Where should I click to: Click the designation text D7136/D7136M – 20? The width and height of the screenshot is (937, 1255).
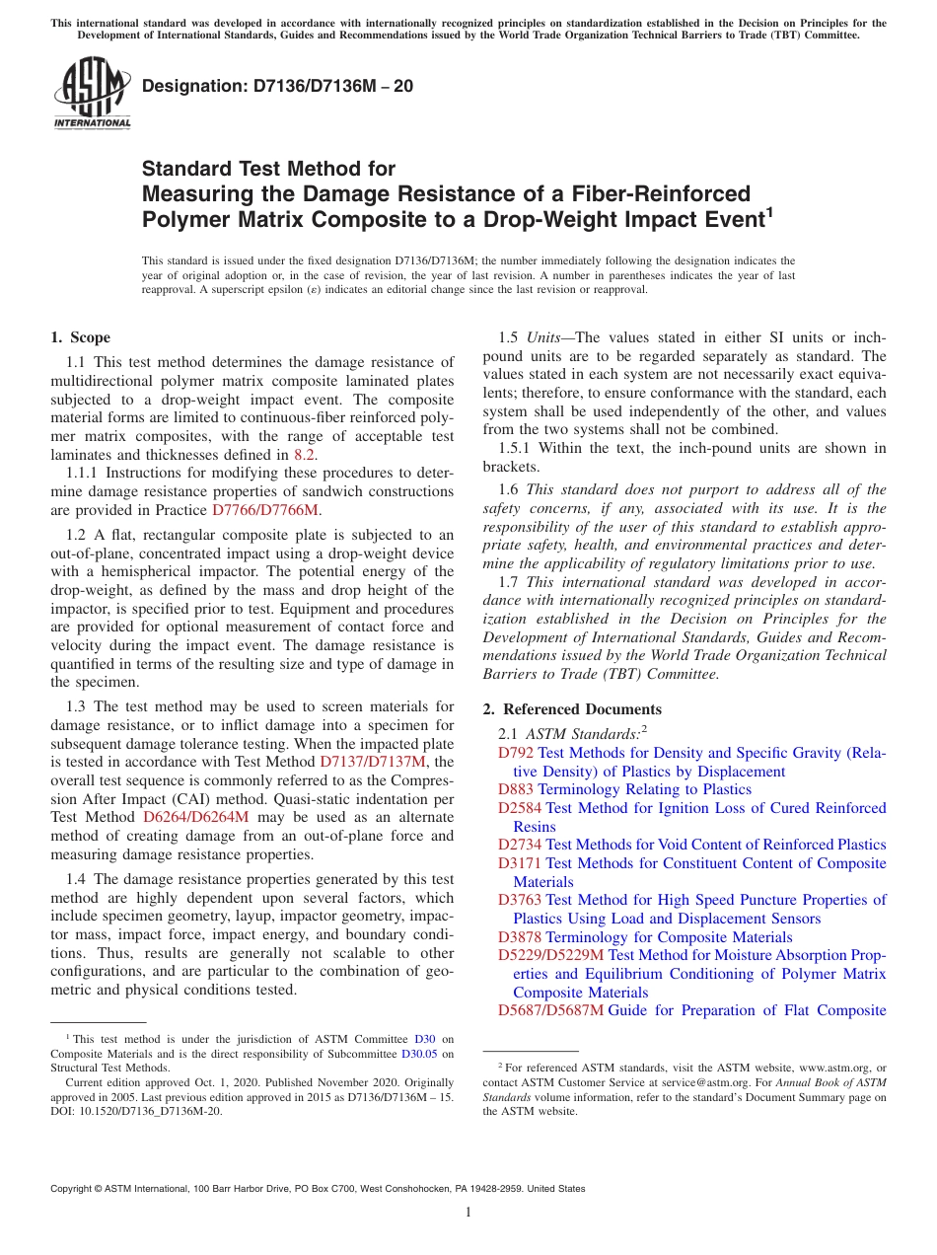pyautogui.click(x=277, y=87)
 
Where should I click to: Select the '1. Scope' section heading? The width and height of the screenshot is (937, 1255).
pyautogui.click(x=81, y=337)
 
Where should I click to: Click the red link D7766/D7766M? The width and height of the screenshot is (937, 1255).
pyautogui.click(x=265, y=510)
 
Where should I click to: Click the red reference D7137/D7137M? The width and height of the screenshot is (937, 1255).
pyautogui.click(x=373, y=762)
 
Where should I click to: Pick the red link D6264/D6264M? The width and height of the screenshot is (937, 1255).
pyautogui.click(x=196, y=817)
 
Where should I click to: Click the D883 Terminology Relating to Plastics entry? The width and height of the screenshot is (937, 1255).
pyautogui.click(x=624, y=789)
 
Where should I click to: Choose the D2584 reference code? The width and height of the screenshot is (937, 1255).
pyautogui.click(x=520, y=808)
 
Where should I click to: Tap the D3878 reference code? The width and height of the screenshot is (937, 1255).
pyautogui.click(x=520, y=937)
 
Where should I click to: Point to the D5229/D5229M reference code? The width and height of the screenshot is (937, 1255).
pyautogui.click(x=550, y=955)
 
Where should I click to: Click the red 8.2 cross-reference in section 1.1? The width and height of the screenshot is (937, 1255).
pyautogui.click(x=305, y=455)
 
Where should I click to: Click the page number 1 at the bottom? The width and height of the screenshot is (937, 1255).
pyautogui.click(x=468, y=1213)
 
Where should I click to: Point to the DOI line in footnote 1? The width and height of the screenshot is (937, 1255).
pyautogui.click(x=136, y=1111)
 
